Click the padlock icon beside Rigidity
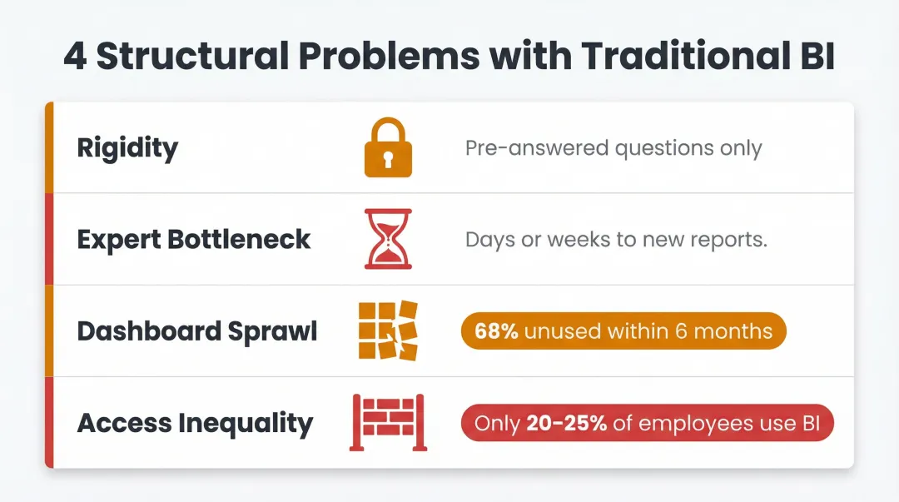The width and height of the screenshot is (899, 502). tap(388, 148)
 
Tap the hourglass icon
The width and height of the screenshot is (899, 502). tap(388, 239)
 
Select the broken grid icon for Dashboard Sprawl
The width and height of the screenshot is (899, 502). tap(388, 331)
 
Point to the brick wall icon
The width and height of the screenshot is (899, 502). tap(388, 422)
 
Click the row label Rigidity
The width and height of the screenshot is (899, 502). tap(127, 149)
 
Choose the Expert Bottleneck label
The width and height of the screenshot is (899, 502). tap(194, 240)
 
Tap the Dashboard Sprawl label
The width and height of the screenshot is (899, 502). tap(197, 331)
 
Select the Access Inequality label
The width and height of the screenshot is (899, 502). tap(195, 423)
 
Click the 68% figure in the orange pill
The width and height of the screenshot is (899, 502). tap(496, 331)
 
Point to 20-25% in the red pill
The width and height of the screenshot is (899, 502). tap(565, 423)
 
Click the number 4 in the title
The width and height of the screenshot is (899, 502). tap(75, 56)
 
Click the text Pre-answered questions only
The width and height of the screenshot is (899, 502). tap(613, 149)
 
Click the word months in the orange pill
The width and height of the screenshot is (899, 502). tap(733, 331)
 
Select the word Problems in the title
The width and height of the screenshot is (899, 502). tap(391, 56)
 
